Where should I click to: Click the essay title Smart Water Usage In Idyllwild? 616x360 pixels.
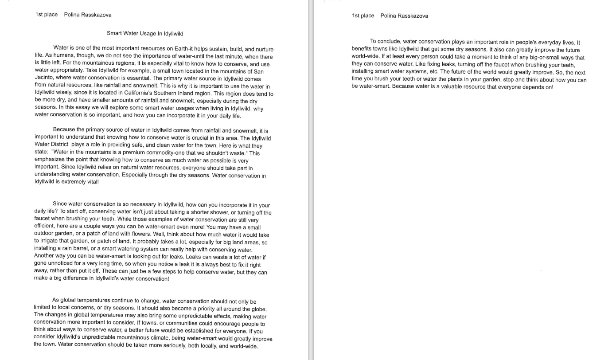click(x=145, y=33)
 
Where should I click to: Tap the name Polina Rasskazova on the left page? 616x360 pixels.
click(x=88, y=15)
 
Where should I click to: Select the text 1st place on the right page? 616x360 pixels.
click(x=363, y=16)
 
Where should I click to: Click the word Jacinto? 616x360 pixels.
click(x=45, y=78)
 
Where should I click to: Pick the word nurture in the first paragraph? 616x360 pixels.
click(x=264, y=49)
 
